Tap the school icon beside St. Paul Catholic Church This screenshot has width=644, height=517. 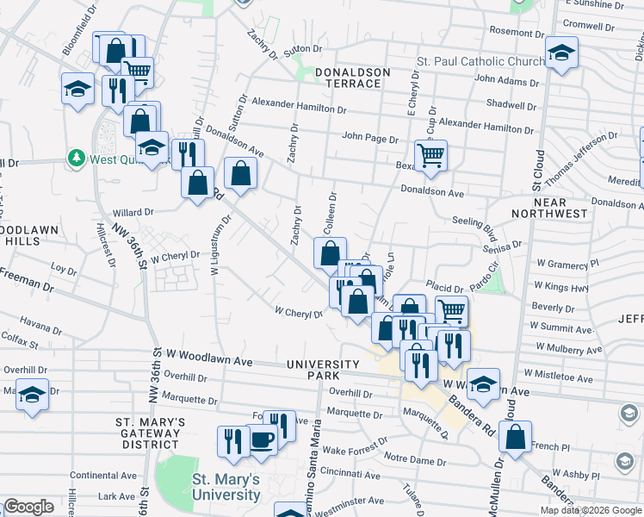561,55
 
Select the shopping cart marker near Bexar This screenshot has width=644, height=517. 430,156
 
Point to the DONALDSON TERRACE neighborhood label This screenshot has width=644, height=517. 348,78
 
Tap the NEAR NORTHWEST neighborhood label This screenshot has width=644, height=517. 549,208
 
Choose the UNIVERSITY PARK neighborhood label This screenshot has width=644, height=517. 325,370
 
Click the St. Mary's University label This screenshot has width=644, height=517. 226,487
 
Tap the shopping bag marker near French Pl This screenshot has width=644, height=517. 515,438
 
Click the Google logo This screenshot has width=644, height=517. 28,507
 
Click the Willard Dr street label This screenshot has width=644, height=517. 133,211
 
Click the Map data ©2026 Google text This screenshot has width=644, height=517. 591,510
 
